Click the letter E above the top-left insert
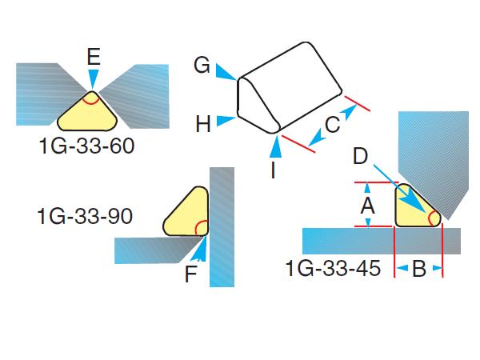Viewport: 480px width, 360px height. [x=94, y=56]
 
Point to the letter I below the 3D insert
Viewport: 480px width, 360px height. [x=274, y=170]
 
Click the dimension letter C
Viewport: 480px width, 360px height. [x=332, y=124]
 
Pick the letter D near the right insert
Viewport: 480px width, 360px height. [x=362, y=156]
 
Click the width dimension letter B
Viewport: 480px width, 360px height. [x=418, y=269]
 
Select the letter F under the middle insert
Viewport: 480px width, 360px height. [x=190, y=275]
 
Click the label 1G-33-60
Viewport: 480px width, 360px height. [x=86, y=149]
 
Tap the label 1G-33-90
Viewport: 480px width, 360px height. [x=84, y=216]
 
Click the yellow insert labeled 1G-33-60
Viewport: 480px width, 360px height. [x=88, y=113]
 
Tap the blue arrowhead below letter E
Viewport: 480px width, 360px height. [x=94, y=79]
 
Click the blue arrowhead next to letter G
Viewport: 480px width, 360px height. [x=227, y=74]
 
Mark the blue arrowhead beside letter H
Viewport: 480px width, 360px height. [x=229, y=120]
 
